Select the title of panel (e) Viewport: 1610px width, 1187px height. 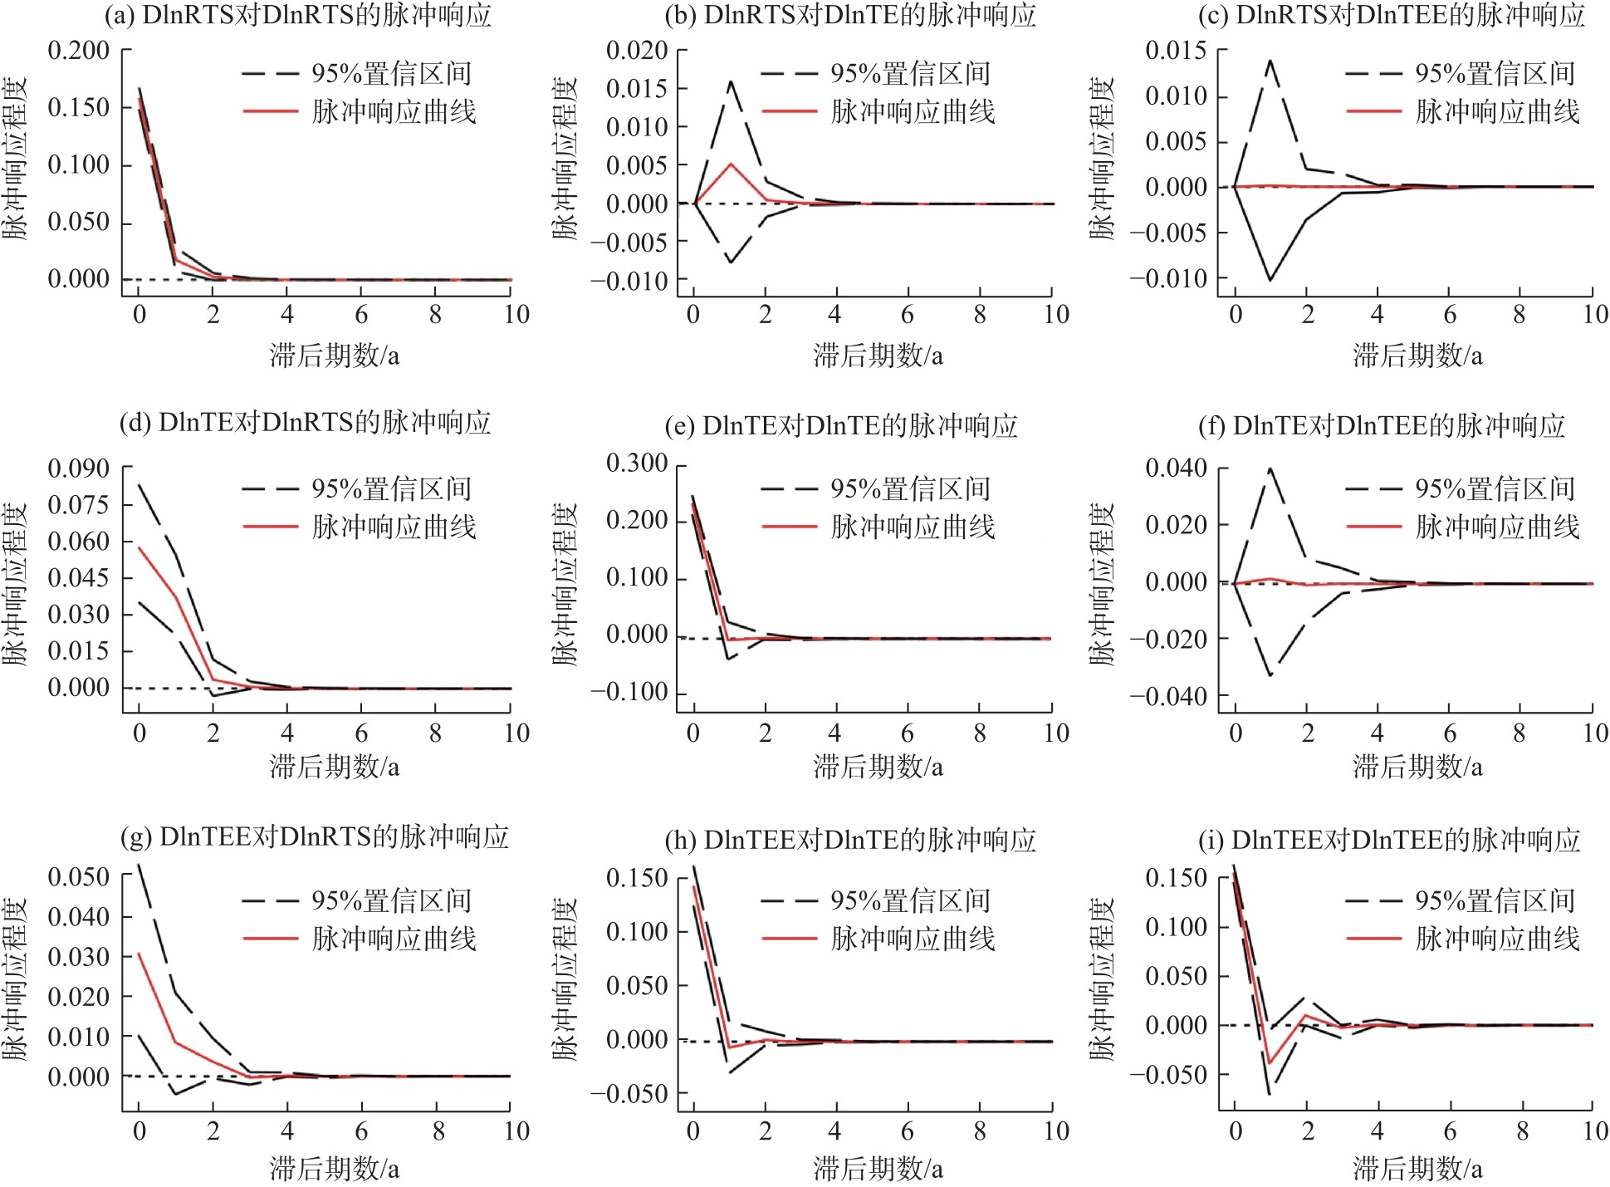pyautogui.click(x=841, y=426)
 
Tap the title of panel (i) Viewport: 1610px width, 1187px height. pyautogui.click(x=1389, y=840)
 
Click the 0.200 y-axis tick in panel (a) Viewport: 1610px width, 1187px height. pyautogui.click(x=78, y=51)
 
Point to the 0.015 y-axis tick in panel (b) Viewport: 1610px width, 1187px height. pyautogui.click(x=636, y=89)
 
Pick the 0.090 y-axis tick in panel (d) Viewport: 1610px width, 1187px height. pyautogui.click(x=78, y=469)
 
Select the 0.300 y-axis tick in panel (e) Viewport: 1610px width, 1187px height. pyautogui.click(x=636, y=464)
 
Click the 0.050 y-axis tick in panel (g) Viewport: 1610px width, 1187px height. pyautogui.click(x=78, y=877)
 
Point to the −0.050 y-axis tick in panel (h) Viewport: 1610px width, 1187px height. pyautogui.click(x=629, y=1095)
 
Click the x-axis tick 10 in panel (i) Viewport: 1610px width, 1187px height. pyautogui.click(x=1595, y=1131)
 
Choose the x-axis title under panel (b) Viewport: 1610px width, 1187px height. pyautogui.click(x=878, y=356)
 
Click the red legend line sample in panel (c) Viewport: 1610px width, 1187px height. pyautogui.click(x=1373, y=111)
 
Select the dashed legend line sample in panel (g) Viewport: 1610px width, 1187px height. pyautogui.click(x=270, y=900)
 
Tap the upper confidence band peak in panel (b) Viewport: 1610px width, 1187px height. pyautogui.click(x=731, y=81)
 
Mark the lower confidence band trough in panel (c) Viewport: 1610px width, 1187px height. pyautogui.click(x=1270, y=280)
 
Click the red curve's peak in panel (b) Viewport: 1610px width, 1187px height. pyautogui.click(x=731, y=164)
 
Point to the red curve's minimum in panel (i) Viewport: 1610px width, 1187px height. pyautogui.click(x=1270, y=1063)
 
